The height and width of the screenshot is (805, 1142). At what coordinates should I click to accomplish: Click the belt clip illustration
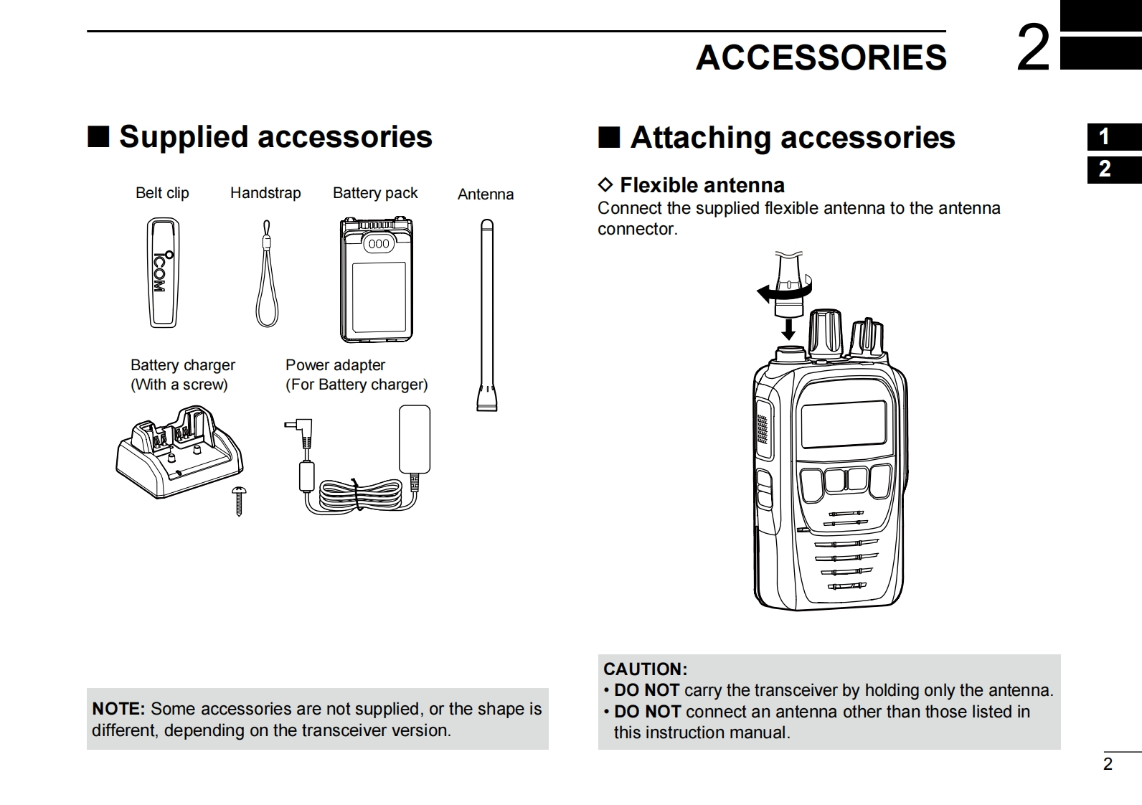tap(163, 273)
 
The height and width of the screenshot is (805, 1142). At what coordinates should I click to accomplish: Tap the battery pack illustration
tap(376, 280)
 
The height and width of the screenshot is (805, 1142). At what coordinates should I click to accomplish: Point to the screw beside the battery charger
tap(239, 500)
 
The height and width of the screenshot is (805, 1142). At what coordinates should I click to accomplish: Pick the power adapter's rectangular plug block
tap(415, 439)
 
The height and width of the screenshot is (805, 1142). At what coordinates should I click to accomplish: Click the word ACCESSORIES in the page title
tap(821, 57)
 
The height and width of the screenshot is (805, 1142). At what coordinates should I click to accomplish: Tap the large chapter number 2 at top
tap(1033, 49)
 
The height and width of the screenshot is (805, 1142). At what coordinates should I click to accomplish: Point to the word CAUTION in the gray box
tap(645, 669)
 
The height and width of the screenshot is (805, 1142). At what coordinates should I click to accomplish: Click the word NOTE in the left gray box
tap(118, 709)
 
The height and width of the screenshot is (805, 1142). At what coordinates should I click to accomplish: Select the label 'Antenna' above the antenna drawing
tap(486, 194)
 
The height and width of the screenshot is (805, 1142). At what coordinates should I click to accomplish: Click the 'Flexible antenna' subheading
tap(702, 185)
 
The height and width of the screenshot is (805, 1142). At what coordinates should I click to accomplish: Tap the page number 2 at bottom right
tap(1108, 764)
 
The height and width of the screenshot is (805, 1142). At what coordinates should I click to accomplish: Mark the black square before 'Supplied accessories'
tap(98, 136)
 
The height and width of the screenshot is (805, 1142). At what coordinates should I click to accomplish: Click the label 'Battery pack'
tap(375, 193)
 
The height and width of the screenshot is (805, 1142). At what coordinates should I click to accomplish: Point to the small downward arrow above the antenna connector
tap(788, 329)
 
